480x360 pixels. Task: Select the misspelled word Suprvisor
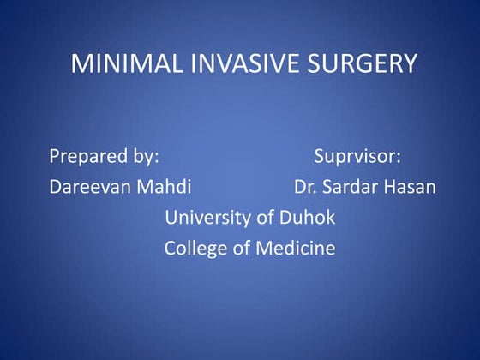click(x=356, y=157)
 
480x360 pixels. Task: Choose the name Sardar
click(x=350, y=188)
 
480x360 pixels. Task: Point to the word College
click(x=195, y=249)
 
